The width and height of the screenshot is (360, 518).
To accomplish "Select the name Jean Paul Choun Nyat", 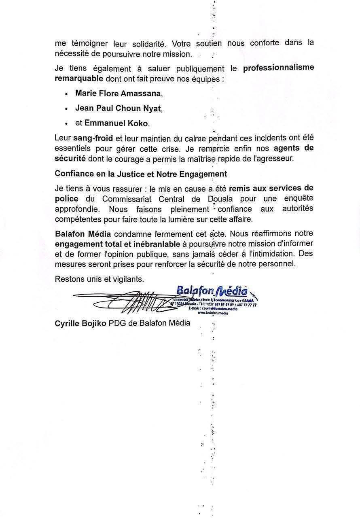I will (118, 108).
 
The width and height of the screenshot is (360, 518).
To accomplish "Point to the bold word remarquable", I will (79, 78).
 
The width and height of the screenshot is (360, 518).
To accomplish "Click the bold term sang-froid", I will (93, 138).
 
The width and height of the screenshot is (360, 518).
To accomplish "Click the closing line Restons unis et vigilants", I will (99, 279).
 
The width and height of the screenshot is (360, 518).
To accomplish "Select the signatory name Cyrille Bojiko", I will (80, 323).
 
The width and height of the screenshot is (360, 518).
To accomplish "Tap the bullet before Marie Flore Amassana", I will (66, 94).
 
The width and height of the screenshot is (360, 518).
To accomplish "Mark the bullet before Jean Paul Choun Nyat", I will (66, 109).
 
